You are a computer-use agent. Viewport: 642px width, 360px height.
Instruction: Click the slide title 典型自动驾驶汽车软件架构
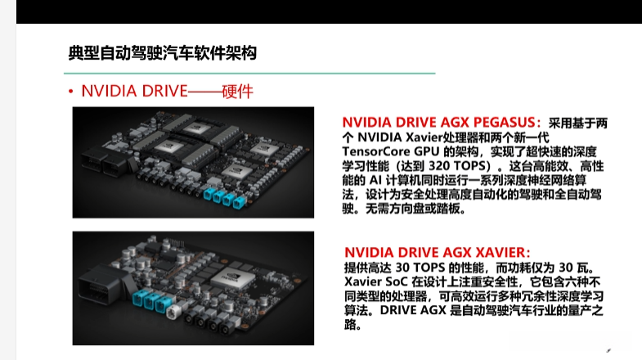pyautogui.click(x=163, y=53)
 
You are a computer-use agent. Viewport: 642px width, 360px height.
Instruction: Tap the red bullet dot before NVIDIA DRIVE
pyautogui.click(x=71, y=92)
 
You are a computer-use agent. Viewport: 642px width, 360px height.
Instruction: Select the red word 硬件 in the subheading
pyautogui.click(x=237, y=92)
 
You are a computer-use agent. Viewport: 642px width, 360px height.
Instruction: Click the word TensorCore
pyautogui.click(x=376, y=151)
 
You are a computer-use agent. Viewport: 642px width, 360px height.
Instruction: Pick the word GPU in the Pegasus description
pyautogui.click(x=427, y=151)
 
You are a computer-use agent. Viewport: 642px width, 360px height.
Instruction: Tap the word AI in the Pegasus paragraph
pyautogui.click(x=375, y=180)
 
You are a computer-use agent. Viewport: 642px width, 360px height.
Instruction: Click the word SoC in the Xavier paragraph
pyautogui.click(x=397, y=281)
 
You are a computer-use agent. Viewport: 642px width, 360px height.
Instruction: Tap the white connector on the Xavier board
pyautogui.click(x=172, y=312)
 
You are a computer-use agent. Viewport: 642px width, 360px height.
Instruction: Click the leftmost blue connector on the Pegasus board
pyautogui.click(x=208, y=194)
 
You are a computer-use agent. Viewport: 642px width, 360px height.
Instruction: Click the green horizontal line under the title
pyautogui.click(x=249, y=74)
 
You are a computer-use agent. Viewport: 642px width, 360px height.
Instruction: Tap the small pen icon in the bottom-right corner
pyautogui.click(x=608, y=350)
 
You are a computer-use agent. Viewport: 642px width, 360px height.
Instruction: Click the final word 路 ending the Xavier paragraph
pyautogui.click(x=351, y=325)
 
